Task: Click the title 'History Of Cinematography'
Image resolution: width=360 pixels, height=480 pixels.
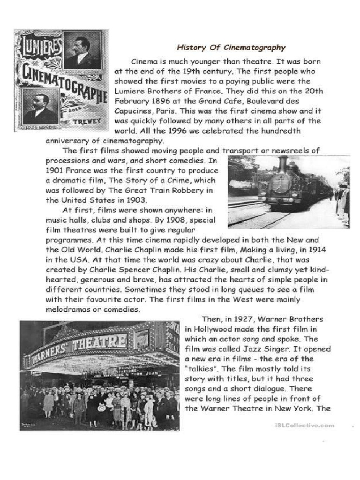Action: pyautogui.click(x=231, y=47)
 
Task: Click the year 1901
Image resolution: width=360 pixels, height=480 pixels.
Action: pyautogui.click(x=55, y=171)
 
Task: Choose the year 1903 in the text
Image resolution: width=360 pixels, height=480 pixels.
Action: pyautogui.click(x=126, y=200)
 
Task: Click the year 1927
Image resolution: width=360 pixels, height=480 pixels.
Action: pyautogui.click(x=244, y=319)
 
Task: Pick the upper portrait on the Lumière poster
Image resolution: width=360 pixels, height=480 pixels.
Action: pyautogui.click(x=81, y=50)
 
